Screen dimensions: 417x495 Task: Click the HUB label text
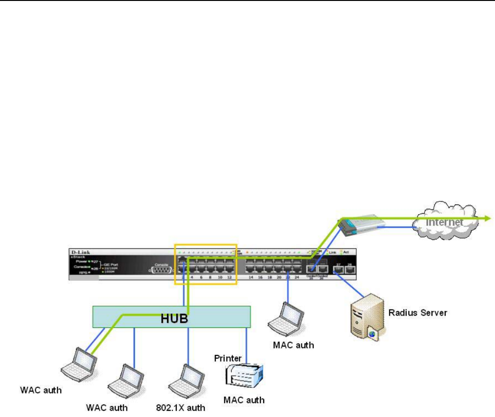pyautogui.click(x=174, y=318)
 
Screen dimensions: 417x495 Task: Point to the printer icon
pyautogui.click(x=244, y=377)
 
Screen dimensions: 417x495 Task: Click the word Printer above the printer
pyautogui.click(x=228, y=358)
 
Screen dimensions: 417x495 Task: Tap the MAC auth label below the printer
pyautogui.click(x=243, y=400)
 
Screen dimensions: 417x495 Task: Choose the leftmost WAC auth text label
pyautogui.click(x=40, y=390)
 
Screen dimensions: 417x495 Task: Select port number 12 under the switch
pyautogui.click(x=229, y=278)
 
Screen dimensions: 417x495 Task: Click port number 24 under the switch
pyautogui.click(x=297, y=278)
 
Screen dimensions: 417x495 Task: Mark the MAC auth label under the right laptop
pyautogui.click(x=293, y=345)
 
